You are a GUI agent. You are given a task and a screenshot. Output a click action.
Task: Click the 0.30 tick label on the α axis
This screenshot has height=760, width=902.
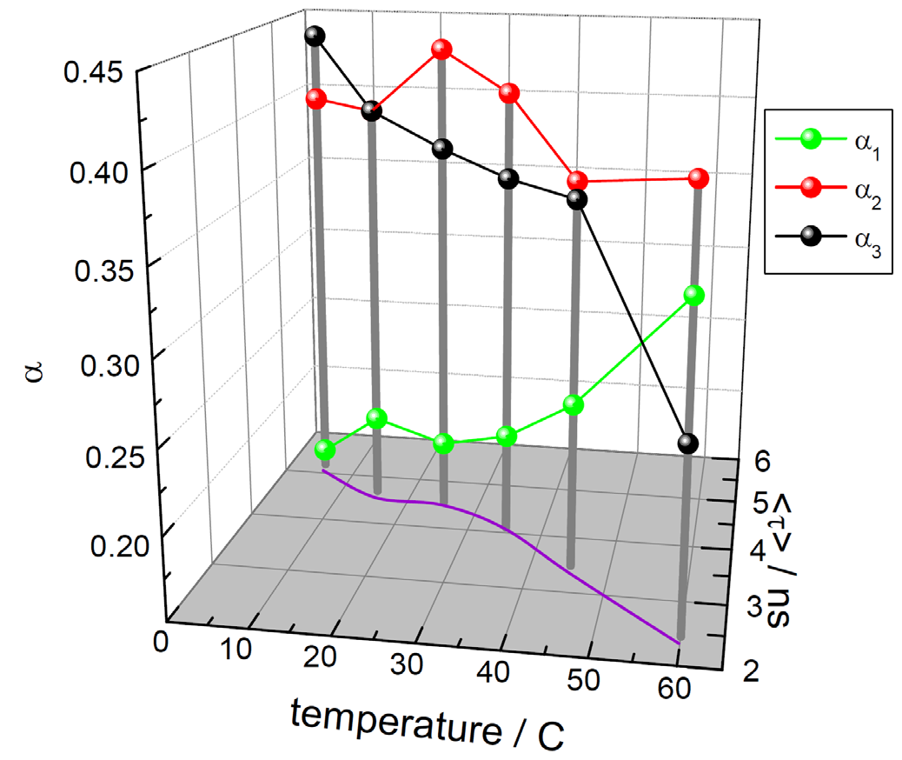tap(109, 362)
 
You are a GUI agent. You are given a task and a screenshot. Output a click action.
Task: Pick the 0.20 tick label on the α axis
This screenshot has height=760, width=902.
tap(118, 547)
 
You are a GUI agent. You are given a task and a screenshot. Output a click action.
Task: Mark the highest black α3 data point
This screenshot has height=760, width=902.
tap(315, 37)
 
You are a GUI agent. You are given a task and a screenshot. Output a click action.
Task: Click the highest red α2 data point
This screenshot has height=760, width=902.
tap(441, 50)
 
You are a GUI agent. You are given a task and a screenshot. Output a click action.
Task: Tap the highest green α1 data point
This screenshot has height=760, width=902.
tap(693, 296)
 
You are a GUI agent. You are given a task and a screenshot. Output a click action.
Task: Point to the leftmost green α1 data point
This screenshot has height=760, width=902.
tap(325, 450)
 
